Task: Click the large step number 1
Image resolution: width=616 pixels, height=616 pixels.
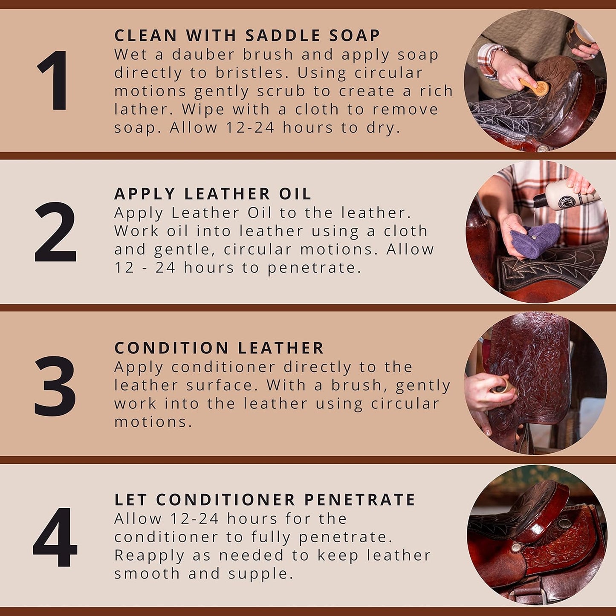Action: [54, 81]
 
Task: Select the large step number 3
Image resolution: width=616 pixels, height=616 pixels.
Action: [55, 386]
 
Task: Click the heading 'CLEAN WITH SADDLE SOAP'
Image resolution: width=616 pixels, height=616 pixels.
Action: [247, 35]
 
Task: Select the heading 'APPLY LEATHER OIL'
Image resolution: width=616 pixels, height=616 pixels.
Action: [213, 194]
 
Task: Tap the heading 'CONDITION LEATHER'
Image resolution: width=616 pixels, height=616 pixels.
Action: [219, 348]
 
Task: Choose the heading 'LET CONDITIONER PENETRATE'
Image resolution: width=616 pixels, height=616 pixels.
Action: [265, 500]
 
